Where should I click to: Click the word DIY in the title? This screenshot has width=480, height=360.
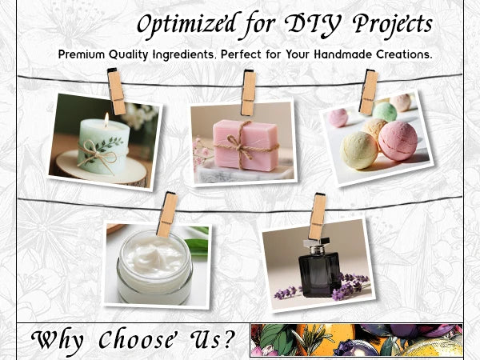click(x=313, y=26)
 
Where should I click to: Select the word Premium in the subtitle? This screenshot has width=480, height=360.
click(x=82, y=54)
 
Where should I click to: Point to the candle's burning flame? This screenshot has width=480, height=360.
click(x=106, y=120)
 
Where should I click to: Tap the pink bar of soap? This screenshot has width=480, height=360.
click(x=246, y=145)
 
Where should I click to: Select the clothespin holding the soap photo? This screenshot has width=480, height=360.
click(x=248, y=93)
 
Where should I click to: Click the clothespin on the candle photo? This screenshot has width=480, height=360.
click(x=116, y=91)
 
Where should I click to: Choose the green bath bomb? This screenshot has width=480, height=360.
click(x=385, y=111)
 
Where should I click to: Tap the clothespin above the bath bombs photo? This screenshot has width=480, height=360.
click(x=369, y=92)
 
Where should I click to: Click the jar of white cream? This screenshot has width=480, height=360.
click(x=154, y=267)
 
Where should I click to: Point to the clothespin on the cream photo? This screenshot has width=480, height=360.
click(x=167, y=214)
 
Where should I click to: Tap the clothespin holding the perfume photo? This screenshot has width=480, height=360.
click(x=317, y=216)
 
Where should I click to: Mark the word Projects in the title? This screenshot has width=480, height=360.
click(x=393, y=26)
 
